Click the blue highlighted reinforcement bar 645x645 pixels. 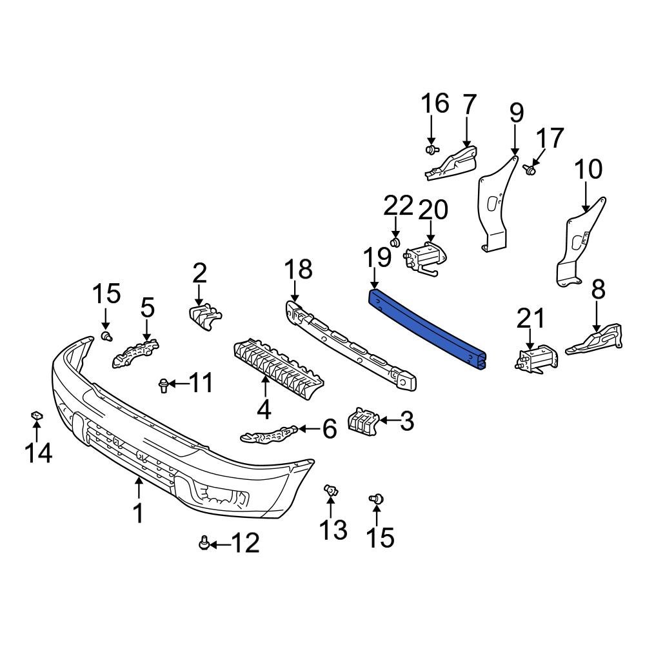426,329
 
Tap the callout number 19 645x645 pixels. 376,257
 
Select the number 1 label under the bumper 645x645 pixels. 137,513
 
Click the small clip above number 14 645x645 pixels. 37,416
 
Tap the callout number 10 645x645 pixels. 588,170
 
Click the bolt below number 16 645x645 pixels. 431,150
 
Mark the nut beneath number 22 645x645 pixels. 396,243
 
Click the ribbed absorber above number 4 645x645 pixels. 277,368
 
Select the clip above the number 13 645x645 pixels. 331,492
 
